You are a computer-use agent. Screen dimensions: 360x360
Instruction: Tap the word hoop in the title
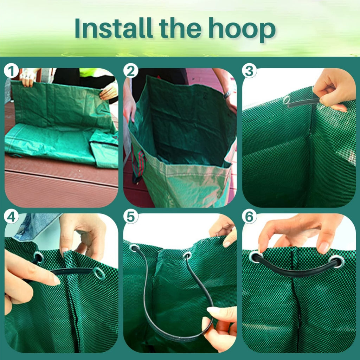pyautogui.click(x=242, y=30)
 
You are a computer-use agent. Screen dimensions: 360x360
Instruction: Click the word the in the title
pyautogui.click(x=180, y=28)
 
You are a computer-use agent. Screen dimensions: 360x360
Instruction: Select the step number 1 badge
pyautogui.click(x=11, y=71)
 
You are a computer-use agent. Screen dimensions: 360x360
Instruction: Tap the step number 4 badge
pyautogui.click(x=11, y=217)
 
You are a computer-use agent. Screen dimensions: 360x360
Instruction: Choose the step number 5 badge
pyautogui.click(x=131, y=217)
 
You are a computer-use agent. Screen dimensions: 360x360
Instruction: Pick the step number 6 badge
pyautogui.click(x=249, y=217)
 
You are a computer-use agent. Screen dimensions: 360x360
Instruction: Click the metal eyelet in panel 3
pyautogui.click(x=287, y=100)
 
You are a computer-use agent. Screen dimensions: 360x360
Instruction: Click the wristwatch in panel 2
pyautogui.click(x=227, y=94)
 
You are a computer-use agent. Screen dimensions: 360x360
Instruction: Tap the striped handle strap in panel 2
pyautogui.click(x=139, y=164)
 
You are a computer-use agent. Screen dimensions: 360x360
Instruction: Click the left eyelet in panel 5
pyautogui.click(x=134, y=248)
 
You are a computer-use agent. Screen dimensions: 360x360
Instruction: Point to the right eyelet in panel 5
pyautogui.click(x=187, y=256)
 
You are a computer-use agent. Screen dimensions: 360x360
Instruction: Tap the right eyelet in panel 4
pyautogui.click(x=99, y=274)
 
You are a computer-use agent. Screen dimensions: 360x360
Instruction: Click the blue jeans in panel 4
pyautogui.click(x=34, y=226)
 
